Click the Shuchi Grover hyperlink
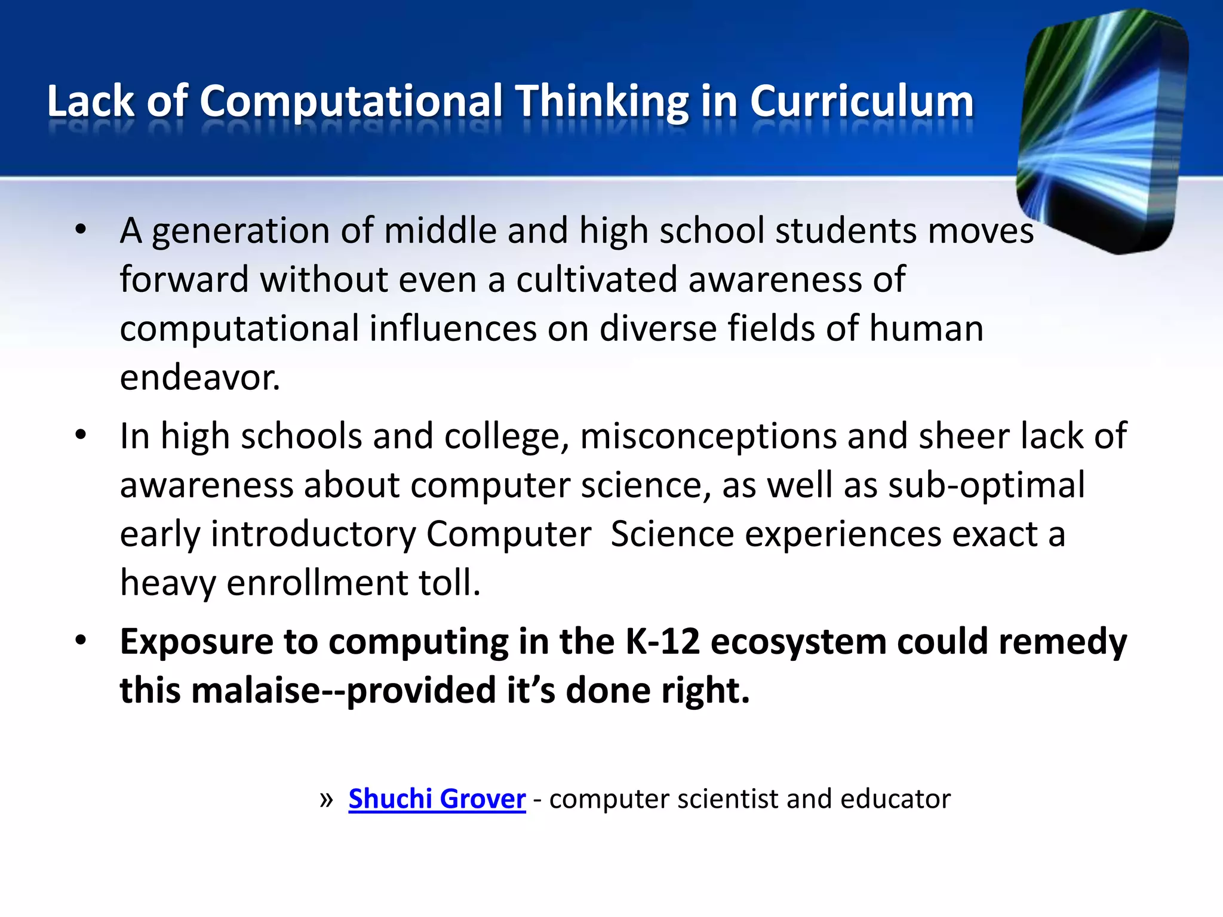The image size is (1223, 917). point(437,799)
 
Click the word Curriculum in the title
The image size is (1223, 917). point(862,101)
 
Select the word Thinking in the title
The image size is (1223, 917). point(602,101)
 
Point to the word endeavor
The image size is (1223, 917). point(199,377)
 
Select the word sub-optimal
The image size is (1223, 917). point(986,485)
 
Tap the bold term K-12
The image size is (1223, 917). point(662,642)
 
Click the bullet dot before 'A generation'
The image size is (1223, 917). point(81,230)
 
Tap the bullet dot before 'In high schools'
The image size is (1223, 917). point(81,435)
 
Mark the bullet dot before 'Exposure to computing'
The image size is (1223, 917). point(81,641)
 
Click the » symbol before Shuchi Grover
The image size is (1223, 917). point(326,799)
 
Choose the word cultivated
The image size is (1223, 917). point(597,279)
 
